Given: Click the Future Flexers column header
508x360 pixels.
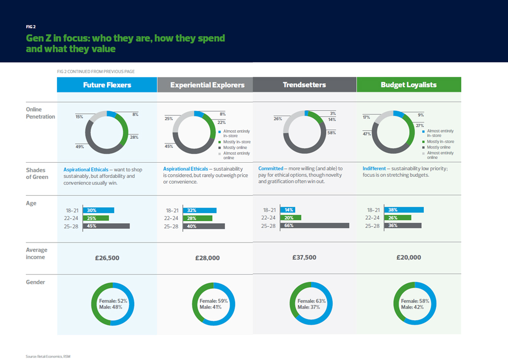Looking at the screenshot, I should pyautogui.click(x=107, y=85).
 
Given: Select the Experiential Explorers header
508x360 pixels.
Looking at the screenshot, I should pyautogui.click(x=207, y=85).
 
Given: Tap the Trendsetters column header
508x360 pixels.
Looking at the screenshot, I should pyautogui.click(x=304, y=85).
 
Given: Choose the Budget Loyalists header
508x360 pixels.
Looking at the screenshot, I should pyautogui.click(x=408, y=85).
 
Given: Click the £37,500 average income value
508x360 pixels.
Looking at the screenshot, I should pyautogui.click(x=305, y=257).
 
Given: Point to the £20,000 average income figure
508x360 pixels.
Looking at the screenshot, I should pyautogui.click(x=408, y=257).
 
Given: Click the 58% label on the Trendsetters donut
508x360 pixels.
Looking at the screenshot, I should pyautogui.click(x=331, y=133).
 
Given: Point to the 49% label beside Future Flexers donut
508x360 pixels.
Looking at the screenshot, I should pyautogui.click(x=80, y=146).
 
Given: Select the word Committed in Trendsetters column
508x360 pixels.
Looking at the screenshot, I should pyautogui.click(x=270, y=168).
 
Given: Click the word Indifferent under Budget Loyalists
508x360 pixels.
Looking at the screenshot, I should pyautogui.click(x=374, y=168).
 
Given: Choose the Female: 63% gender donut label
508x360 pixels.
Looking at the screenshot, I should pyautogui.click(x=311, y=301).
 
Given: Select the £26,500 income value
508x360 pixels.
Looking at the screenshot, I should pyautogui.click(x=107, y=258).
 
